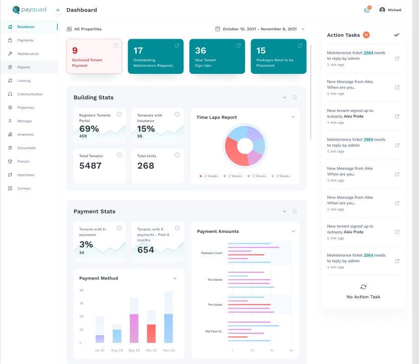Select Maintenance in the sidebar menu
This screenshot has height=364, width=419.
pyautogui.click(x=28, y=54)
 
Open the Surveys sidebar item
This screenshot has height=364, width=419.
pyautogui.click(x=24, y=188)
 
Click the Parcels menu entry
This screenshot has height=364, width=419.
pyautogui.click(x=23, y=161)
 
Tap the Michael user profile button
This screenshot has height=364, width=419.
pyautogui.click(x=390, y=10)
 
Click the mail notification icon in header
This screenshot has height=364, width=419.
pyautogui.click(x=367, y=10)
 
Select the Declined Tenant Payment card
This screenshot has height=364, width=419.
pyautogui.click(x=94, y=56)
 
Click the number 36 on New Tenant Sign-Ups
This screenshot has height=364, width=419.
pyautogui.click(x=200, y=51)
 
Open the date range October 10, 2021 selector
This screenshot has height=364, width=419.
pyautogui.click(x=260, y=29)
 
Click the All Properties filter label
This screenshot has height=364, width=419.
pyautogui.click(x=88, y=29)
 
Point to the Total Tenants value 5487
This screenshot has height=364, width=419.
pyautogui.click(x=90, y=166)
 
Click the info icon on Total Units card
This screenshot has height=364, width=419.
pyautogui.click(x=177, y=155)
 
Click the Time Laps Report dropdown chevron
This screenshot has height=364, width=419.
pyautogui.click(x=293, y=117)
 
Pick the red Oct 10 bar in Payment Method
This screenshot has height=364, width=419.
pyautogui.click(x=151, y=333)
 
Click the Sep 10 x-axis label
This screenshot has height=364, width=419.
pyautogui.click(x=134, y=350)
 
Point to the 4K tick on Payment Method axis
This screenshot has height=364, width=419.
pyautogui.click(x=81, y=290)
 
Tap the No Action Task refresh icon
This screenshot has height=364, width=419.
pyautogui.click(x=363, y=287)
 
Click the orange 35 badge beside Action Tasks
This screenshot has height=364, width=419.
pyautogui.click(x=366, y=35)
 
